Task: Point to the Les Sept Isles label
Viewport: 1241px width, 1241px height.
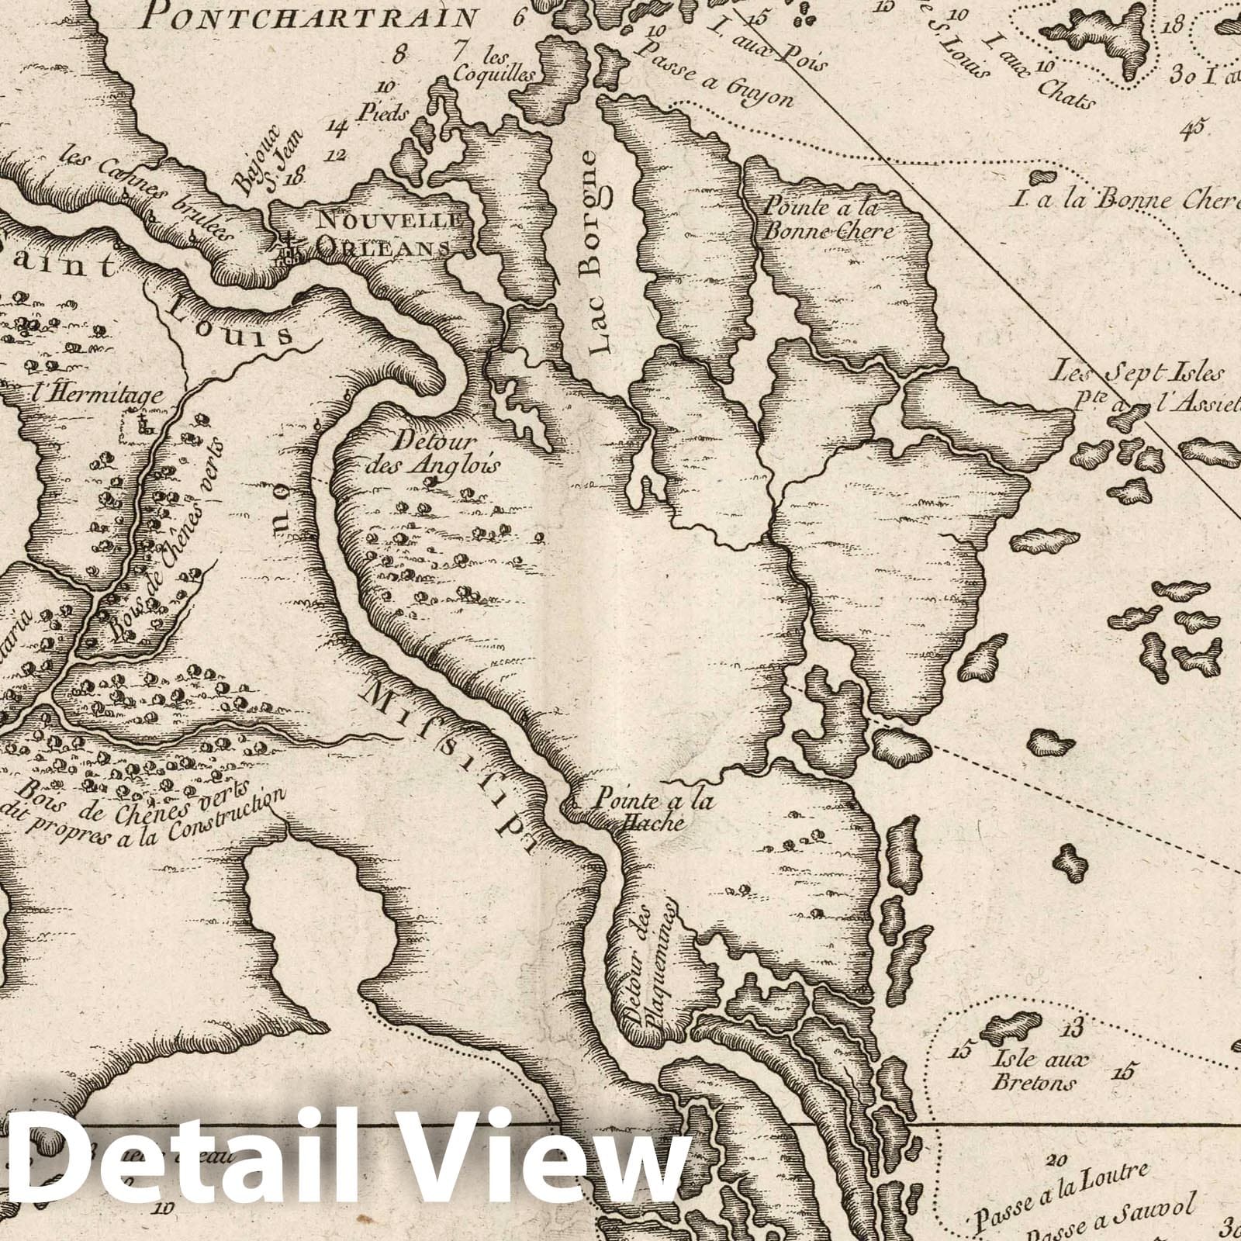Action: pyautogui.click(x=1137, y=373)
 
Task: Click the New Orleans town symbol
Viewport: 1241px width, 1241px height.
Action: pyautogui.click(x=288, y=247)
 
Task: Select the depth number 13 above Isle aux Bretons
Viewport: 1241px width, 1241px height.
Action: pyautogui.click(x=1072, y=1030)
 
